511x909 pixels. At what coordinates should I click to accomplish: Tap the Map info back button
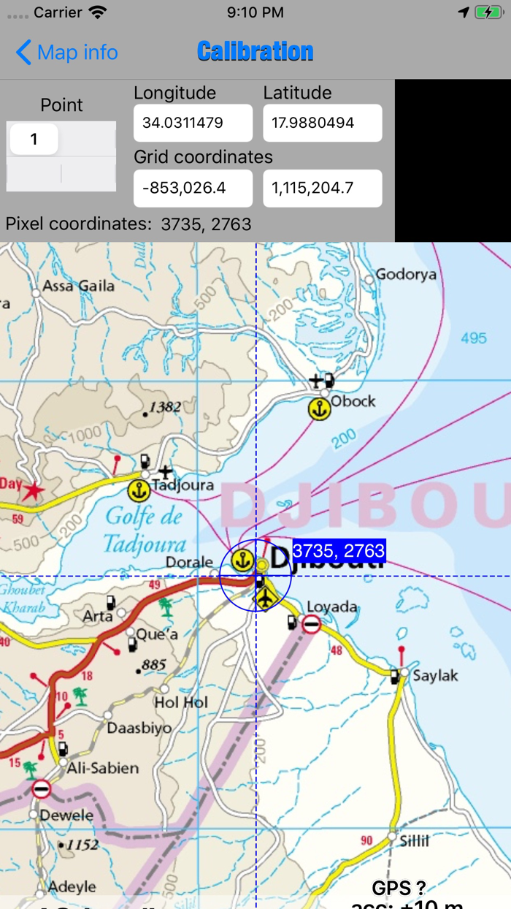coord(66,53)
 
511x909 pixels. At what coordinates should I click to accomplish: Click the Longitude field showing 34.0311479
coord(193,123)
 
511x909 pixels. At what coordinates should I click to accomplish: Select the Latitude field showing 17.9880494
coord(322,123)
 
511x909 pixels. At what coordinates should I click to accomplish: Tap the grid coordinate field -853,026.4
coord(193,189)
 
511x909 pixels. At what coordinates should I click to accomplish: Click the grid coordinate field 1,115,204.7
coord(322,189)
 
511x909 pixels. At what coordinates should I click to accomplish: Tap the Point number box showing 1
coord(34,139)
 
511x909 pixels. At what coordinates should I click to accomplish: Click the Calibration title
coord(255,52)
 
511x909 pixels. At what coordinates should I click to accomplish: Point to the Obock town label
coord(353,401)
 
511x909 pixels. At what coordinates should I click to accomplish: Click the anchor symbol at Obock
coord(319,409)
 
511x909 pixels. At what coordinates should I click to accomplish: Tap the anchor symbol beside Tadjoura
coord(138,490)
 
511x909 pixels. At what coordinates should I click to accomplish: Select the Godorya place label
coord(406,275)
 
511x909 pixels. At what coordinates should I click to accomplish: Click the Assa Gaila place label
coord(79,285)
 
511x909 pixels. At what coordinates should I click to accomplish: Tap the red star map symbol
coord(31,492)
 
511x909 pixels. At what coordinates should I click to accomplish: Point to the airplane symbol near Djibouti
coord(266,597)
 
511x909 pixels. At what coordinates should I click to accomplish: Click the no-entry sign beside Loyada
coord(312,624)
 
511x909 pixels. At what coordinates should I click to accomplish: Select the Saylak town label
coord(435,675)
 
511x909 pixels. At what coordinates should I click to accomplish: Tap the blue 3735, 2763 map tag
coord(339,551)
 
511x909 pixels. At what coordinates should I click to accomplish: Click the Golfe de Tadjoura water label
coord(144,530)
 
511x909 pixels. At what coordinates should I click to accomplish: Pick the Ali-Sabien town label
coord(102,768)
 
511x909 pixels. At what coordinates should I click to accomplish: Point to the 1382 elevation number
coord(165,407)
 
